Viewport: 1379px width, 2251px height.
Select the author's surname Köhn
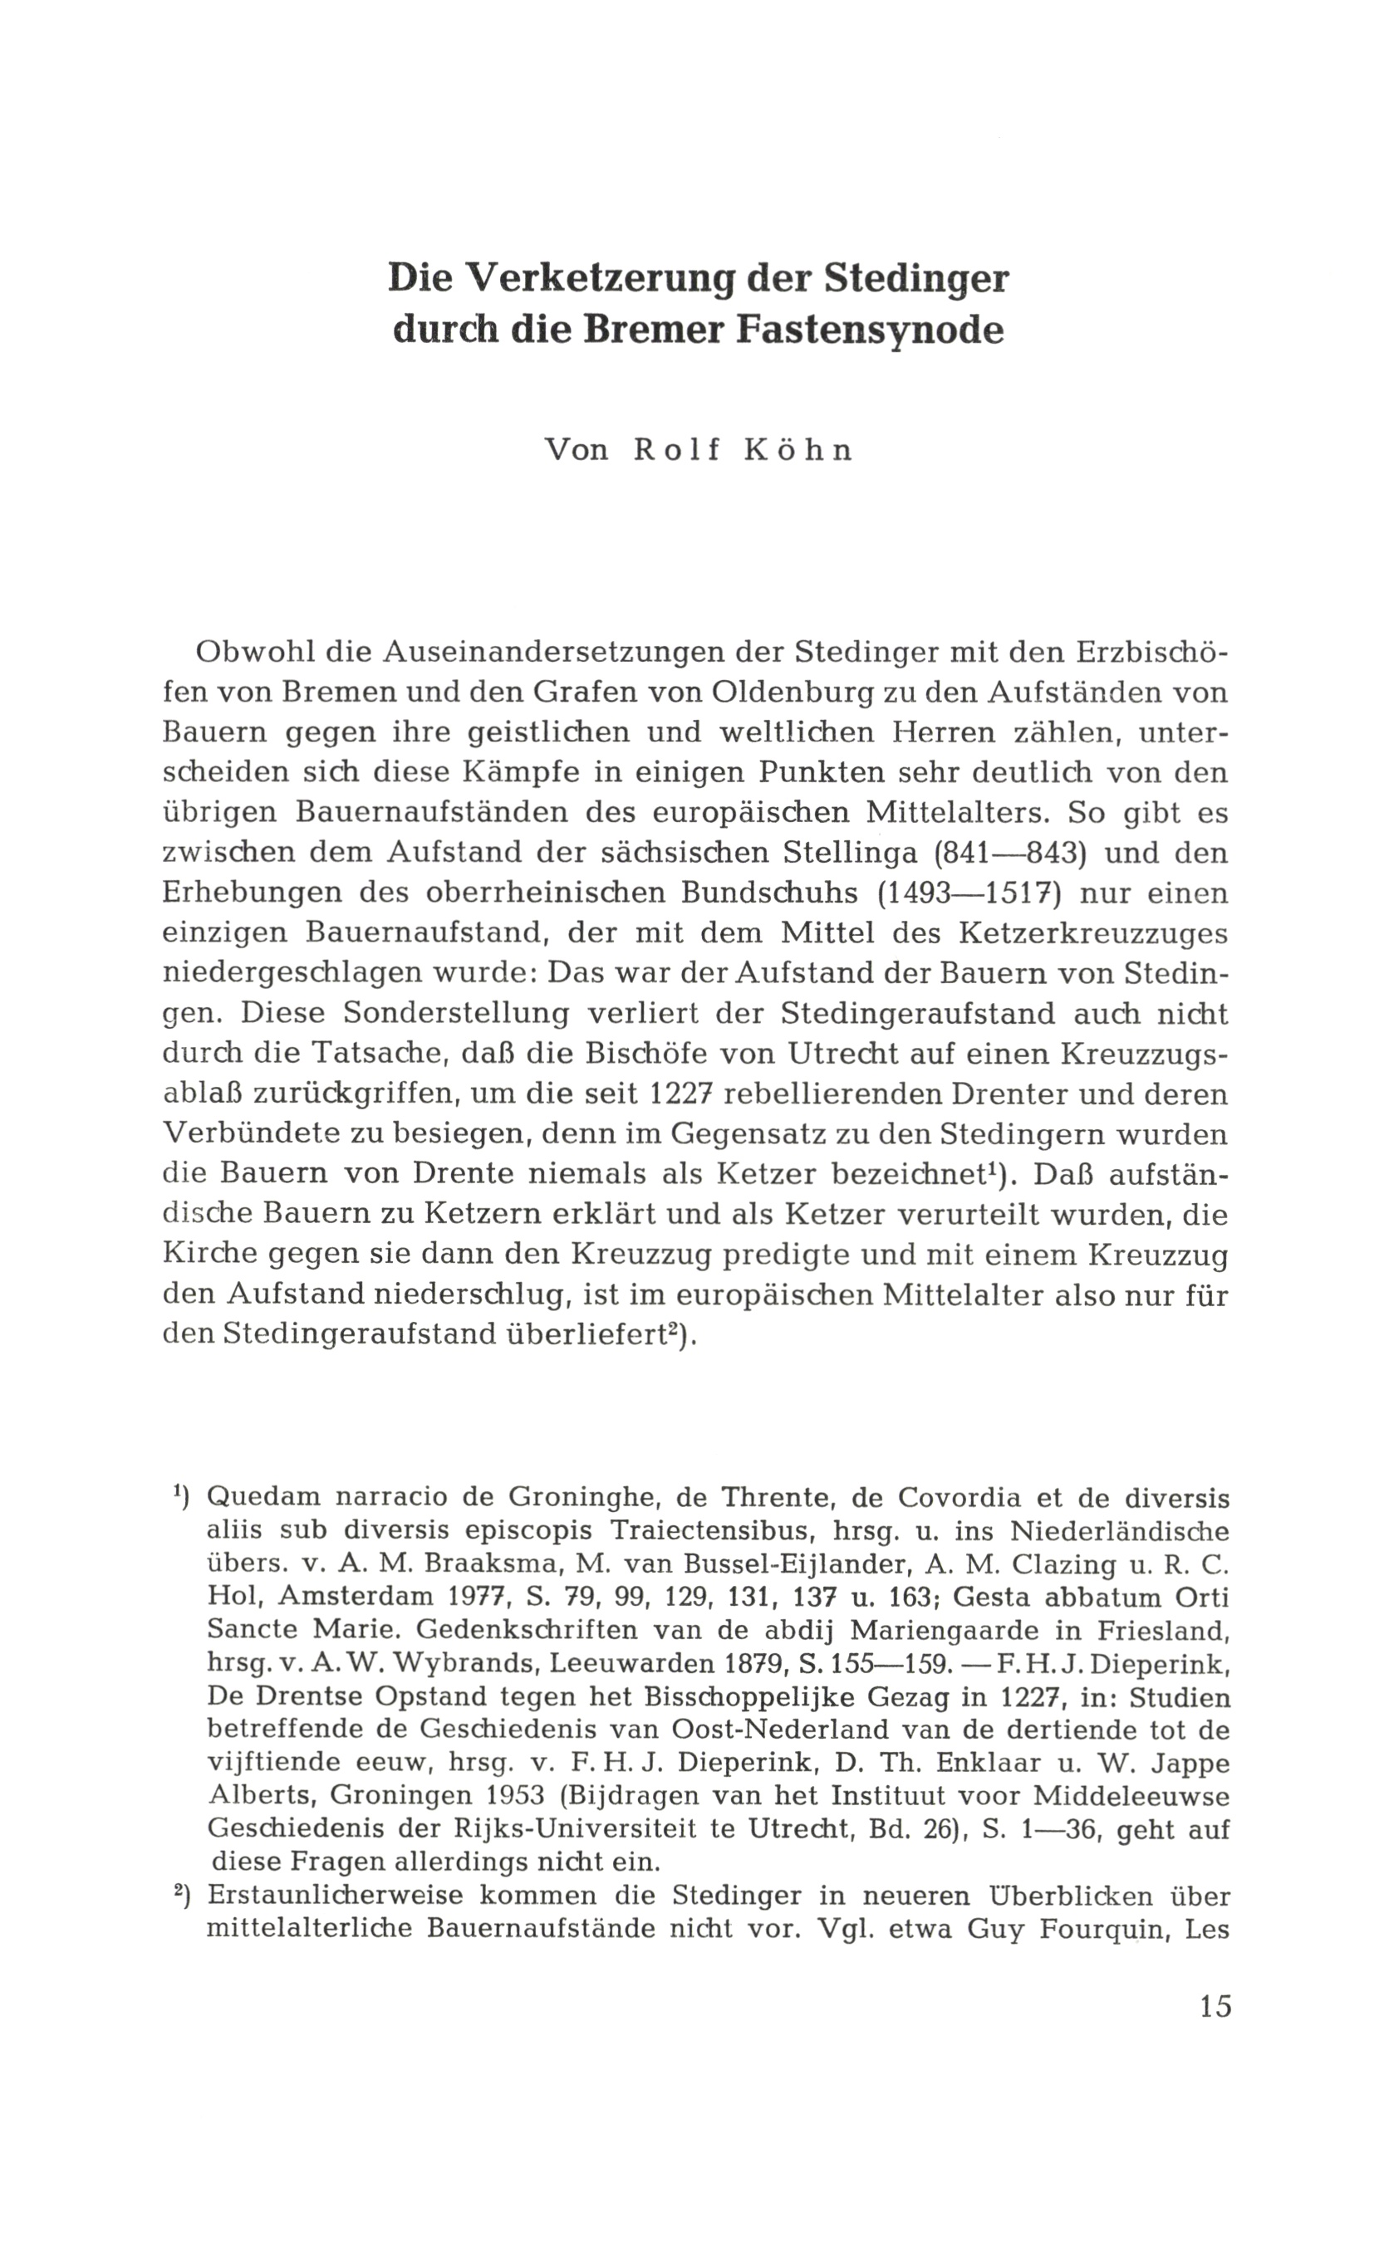(x=798, y=452)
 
